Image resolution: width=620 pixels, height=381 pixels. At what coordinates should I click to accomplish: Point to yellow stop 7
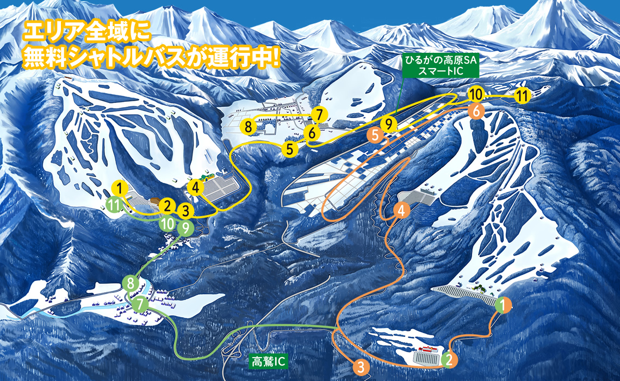(x=319, y=115)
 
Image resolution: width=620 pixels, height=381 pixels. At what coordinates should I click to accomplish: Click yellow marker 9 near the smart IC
(x=388, y=124)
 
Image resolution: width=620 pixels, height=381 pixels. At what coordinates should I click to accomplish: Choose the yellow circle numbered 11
(x=523, y=96)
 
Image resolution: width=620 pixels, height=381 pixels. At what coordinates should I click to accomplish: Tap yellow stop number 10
(x=476, y=94)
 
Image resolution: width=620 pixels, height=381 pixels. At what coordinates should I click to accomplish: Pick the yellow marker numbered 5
(x=289, y=148)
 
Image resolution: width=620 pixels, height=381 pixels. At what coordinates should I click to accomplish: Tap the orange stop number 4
(x=401, y=210)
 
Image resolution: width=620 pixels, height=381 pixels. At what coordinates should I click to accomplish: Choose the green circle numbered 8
(x=130, y=283)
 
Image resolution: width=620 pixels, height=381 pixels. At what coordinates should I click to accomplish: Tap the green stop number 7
(x=140, y=305)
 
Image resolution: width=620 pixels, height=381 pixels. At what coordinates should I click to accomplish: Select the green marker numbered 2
(x=448, y=359)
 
